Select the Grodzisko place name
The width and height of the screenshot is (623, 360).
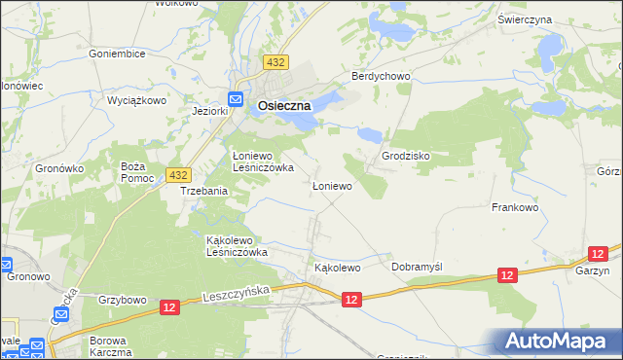coord(406,156)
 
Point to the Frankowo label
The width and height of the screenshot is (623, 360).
coord(516,207)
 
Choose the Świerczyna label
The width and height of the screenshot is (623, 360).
coord(552,19)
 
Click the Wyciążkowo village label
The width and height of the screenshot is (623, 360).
coord(137,100)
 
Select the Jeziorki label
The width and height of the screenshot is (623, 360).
coord(209,111)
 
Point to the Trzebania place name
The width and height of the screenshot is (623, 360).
coord(204,192)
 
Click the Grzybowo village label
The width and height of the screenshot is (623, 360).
coord(122,300)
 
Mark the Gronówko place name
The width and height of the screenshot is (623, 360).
coord(60,168)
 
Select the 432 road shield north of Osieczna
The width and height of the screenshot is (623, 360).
coord(275,61)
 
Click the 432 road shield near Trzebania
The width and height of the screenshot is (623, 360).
coord(177,174)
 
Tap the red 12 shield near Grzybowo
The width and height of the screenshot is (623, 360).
coord(170,307)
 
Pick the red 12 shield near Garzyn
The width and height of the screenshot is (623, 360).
coord(506,276)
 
